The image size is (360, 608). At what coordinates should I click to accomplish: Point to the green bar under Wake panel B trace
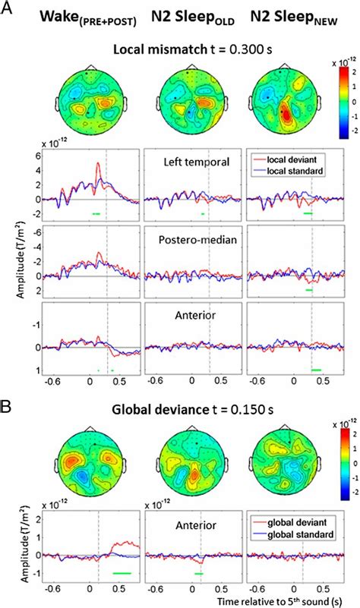point(122,572)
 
